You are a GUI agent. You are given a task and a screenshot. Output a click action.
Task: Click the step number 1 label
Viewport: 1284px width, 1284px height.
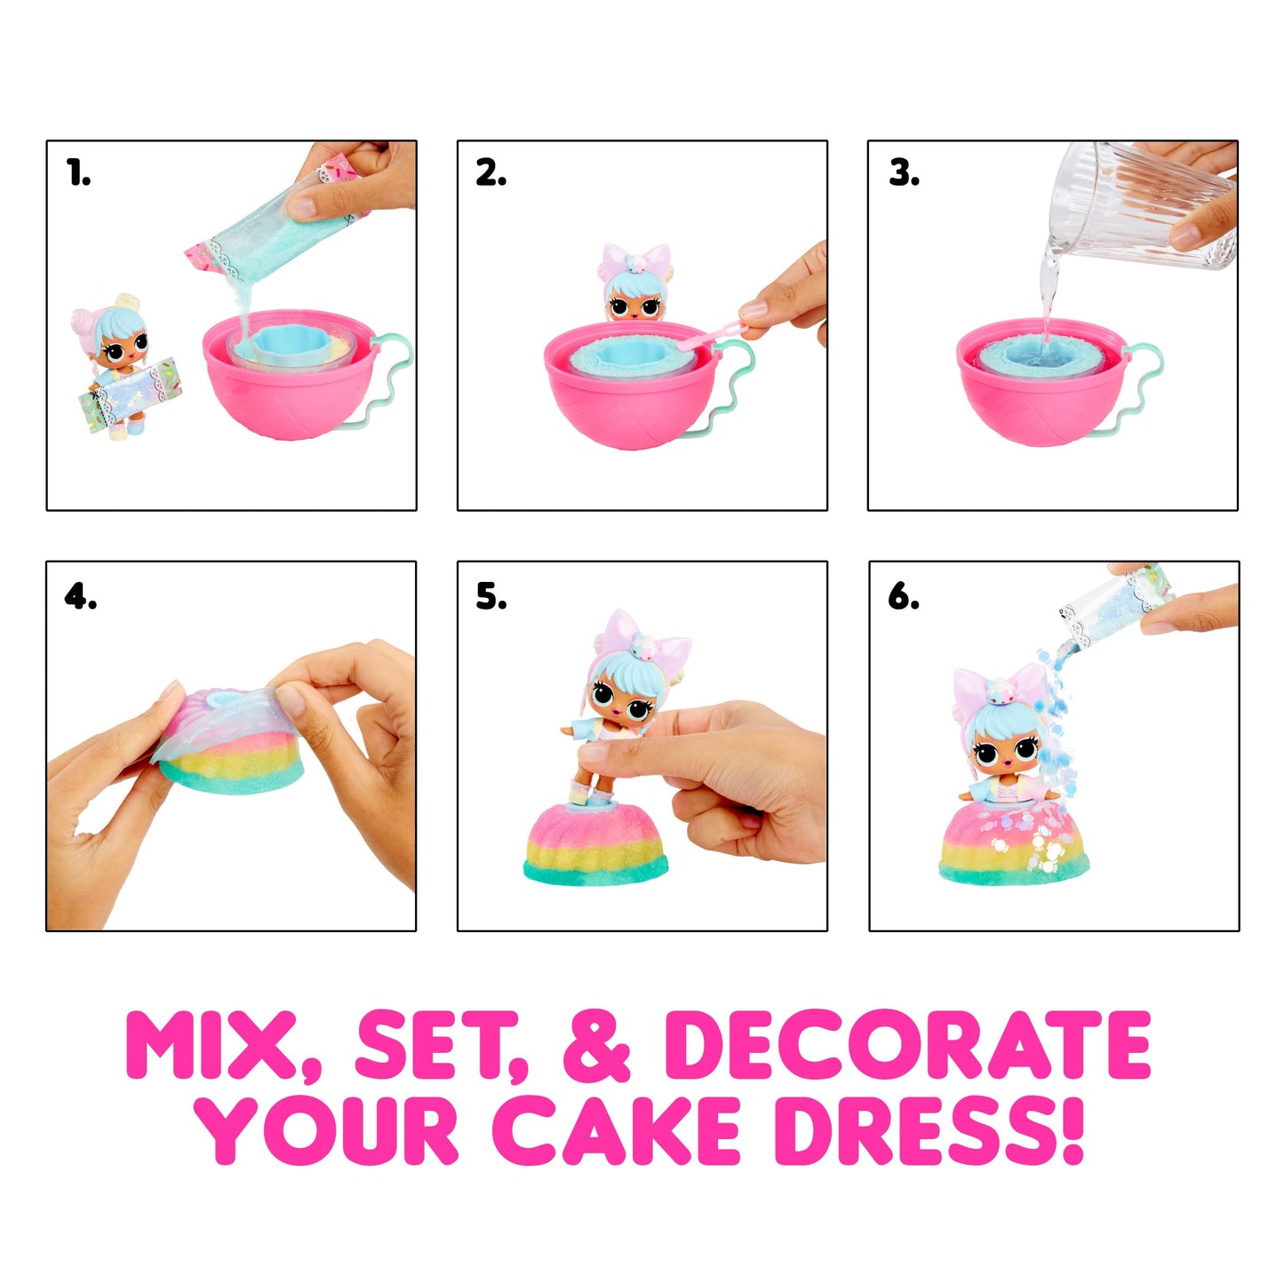click(79, 173)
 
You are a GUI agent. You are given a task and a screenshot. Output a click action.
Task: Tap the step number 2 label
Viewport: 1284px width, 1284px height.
click(490, 173)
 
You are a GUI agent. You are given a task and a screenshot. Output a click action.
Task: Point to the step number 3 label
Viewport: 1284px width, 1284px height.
click(904, 173)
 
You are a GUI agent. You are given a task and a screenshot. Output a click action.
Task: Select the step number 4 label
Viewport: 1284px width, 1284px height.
click(80, 596)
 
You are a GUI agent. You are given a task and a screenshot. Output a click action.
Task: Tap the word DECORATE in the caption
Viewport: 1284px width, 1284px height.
click(907, 1046)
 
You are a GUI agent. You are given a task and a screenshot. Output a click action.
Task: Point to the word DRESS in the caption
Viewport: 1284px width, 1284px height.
click(929, 1130)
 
